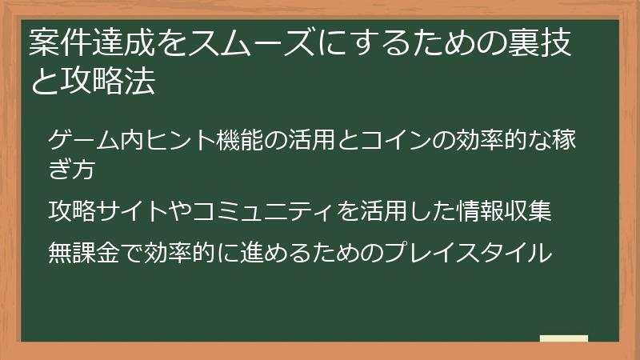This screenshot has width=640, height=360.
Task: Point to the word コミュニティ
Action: click(273, 214)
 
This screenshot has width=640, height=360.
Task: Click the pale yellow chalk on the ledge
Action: click(563, 339)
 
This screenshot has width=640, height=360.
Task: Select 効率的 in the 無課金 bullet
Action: click(174, 253)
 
